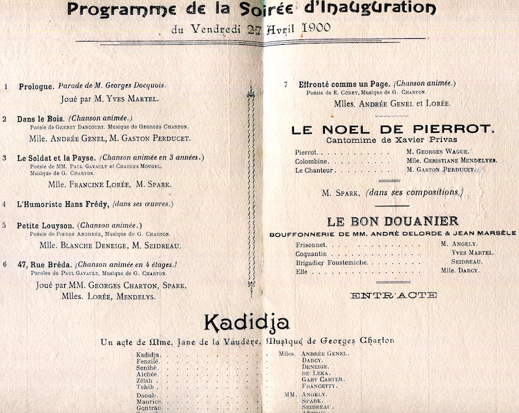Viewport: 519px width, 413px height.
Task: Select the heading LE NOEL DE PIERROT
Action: pyautogui.click(x=393, y=129)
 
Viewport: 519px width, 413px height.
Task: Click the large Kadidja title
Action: pyautogui.click(x=247, y=322)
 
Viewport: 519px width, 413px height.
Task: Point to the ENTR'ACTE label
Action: pyautogui.click(x=393, y=296)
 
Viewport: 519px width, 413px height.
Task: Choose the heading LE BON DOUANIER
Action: pyautogui.click(x=393, y=220)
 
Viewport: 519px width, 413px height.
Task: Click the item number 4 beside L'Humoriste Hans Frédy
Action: pyautogui.click(x=5, y=204)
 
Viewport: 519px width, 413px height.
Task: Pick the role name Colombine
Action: pyautogui.click(x=312, y=161)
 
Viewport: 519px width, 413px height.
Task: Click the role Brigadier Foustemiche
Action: pyautogui.click(x=332, y=263)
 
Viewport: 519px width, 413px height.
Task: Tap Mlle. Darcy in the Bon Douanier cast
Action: pyautogui.click(x=460, y=270)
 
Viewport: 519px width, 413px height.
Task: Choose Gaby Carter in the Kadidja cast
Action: pyautogui.click(x=323, y=379)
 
